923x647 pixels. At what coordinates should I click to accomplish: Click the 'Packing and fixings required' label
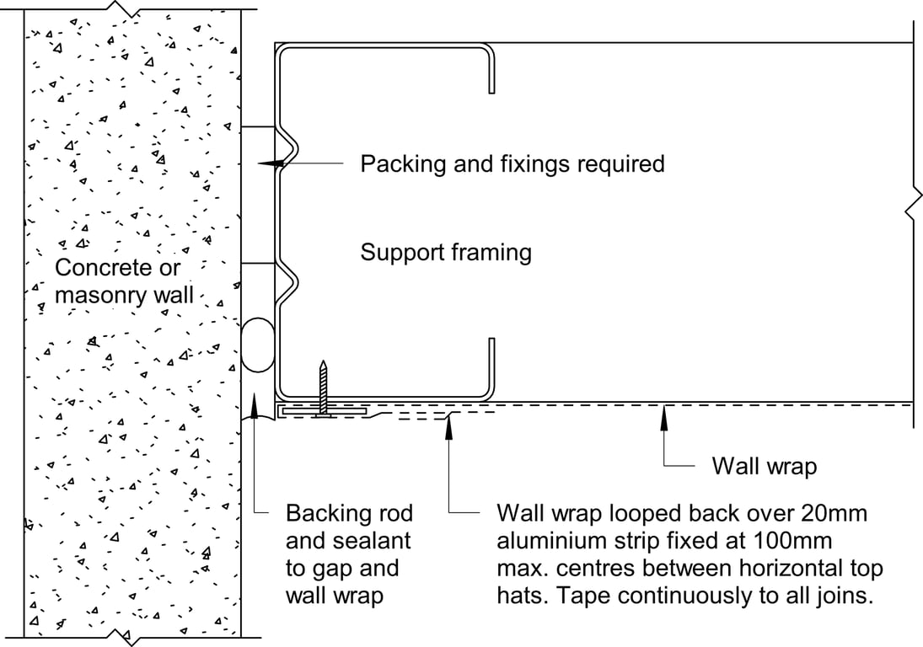[x=512, y=163]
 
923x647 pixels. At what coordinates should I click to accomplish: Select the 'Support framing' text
[x=446, y=252]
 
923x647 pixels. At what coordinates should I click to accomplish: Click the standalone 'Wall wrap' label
[x=764, y=466]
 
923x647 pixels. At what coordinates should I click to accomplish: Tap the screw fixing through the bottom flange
[x=322, y=388]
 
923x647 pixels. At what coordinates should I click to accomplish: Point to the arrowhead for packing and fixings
[x=267, y=164]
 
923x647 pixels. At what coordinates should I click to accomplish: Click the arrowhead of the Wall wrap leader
[x=665, y=412]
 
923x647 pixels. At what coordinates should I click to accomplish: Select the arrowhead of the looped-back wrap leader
[x=449, y=421]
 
